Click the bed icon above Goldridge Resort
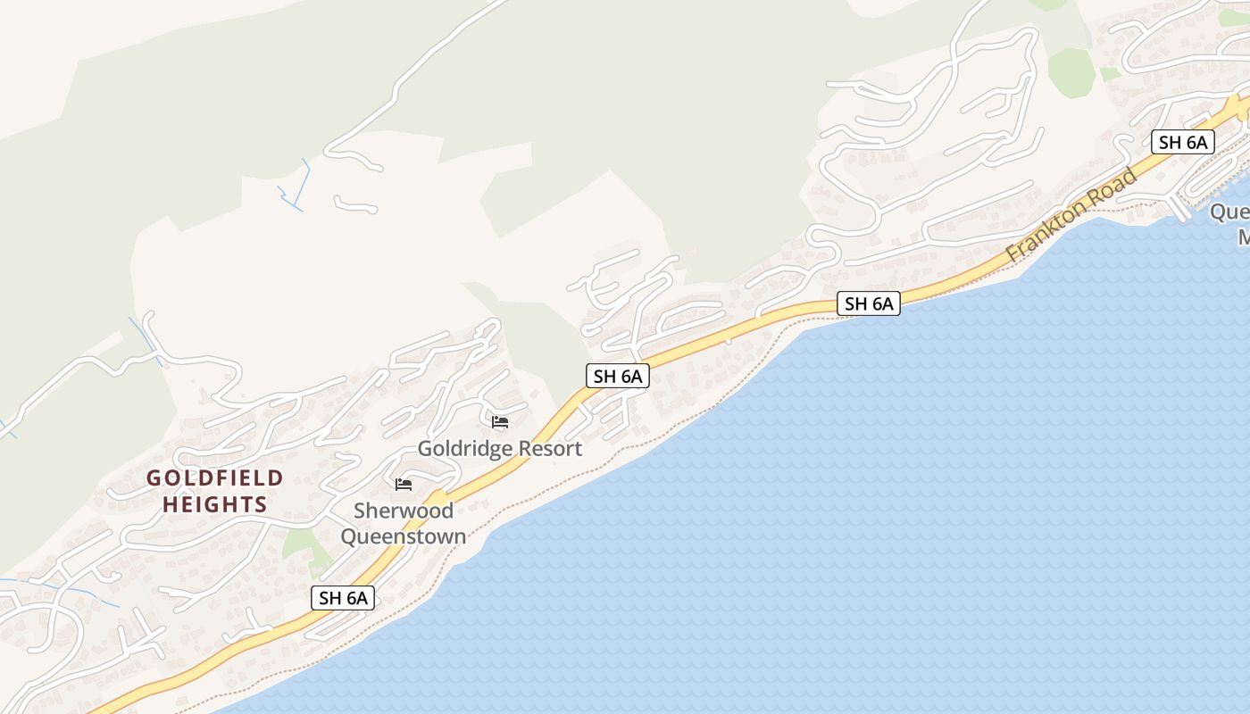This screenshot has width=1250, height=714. click(500, 421)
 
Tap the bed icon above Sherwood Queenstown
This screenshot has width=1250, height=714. click(404, 485)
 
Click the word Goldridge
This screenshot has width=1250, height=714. click(460, 449)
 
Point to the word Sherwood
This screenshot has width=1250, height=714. click(404, 511)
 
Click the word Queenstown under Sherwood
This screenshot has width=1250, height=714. click(404, 536)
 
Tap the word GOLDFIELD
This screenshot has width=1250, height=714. click(214, 478)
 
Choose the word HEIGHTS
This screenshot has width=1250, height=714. click(214, 504)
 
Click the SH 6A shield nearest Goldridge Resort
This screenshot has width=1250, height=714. click(618, 376)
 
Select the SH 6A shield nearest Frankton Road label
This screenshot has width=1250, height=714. click(1183, 142)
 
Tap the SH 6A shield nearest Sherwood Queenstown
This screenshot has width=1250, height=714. click(343, 598)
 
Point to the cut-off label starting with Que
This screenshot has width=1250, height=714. click(1230, 212)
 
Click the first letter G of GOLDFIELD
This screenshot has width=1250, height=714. click(154, 478)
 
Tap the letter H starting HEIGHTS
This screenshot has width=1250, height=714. click(169, 504)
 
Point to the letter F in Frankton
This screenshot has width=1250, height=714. click(1013, 253)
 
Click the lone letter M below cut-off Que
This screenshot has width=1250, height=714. click(1243, 237)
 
